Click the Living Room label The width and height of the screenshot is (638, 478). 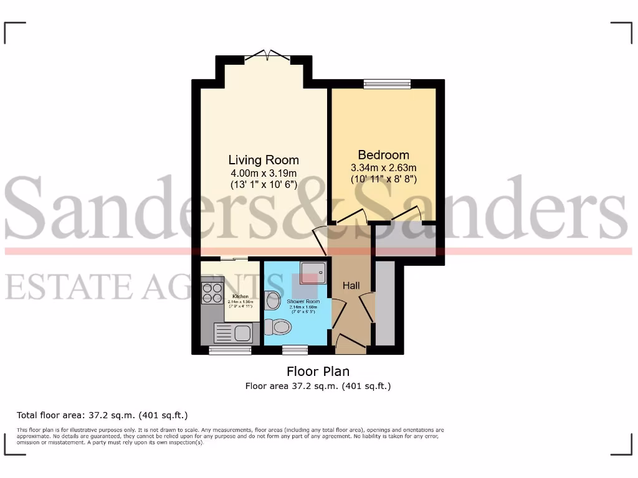[264, 160]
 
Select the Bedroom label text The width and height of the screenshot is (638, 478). [383, 155]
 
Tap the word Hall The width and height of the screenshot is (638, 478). [351, 286]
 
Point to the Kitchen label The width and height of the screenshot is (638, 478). [240, 296]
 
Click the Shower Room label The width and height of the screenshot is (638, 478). [303, 302]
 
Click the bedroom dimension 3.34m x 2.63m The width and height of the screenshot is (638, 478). [383, 167]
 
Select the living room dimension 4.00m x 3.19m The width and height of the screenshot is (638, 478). [264, 172]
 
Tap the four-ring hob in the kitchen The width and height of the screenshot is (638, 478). [212, 293]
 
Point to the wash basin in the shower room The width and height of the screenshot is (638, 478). [273, 301]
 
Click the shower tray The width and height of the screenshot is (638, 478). [313, 272]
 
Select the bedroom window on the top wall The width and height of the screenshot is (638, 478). [387, 84]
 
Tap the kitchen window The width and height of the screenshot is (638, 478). [230, 350]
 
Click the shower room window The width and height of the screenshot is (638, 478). [295, 350]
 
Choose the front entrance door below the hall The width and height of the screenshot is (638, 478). [351, 343]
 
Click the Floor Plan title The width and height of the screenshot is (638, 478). [318, 372]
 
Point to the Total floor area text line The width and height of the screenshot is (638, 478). [102, 415]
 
